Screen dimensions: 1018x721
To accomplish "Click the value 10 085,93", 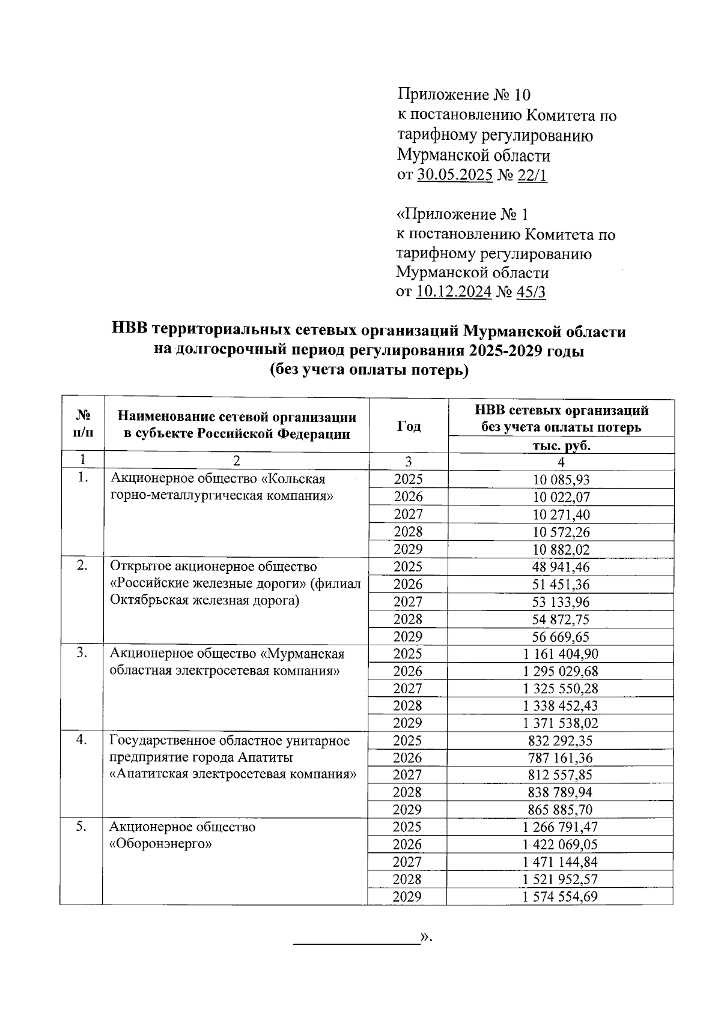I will [561, 480].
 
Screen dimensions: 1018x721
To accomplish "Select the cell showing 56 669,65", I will [561, 637].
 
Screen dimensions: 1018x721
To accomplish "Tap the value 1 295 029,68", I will [561, 672].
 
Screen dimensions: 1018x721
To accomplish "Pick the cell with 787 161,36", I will [561, 758].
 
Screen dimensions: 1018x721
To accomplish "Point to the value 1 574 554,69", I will [561, 897].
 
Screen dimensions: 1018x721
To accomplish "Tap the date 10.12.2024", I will [454, 292].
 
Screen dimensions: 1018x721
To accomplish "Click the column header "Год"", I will [409, 426].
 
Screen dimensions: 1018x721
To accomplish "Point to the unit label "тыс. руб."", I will [561, 446].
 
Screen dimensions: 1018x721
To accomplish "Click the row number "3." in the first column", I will [82, 654].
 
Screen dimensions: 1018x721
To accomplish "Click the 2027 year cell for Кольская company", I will [408, 514].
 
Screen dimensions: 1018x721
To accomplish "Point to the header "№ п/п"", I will [82, 424].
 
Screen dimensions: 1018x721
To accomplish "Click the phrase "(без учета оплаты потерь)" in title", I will [368, 371].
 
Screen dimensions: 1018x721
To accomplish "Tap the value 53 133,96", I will [561, 602].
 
